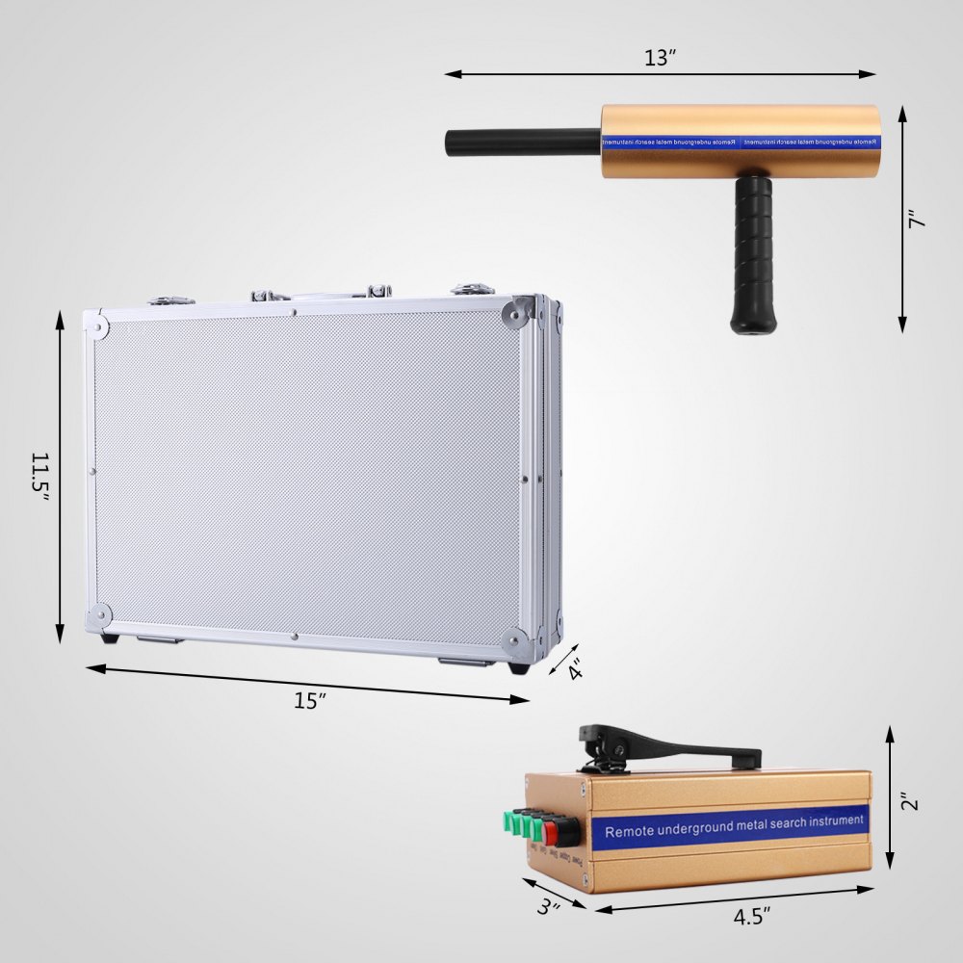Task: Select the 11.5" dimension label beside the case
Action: [x=39, y=475]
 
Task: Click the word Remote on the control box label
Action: [x=632, y=831]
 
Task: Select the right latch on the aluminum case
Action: [x=473, y=288]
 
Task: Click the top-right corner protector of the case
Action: [x=517, y=312]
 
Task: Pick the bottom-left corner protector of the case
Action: [x=98, y=615]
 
